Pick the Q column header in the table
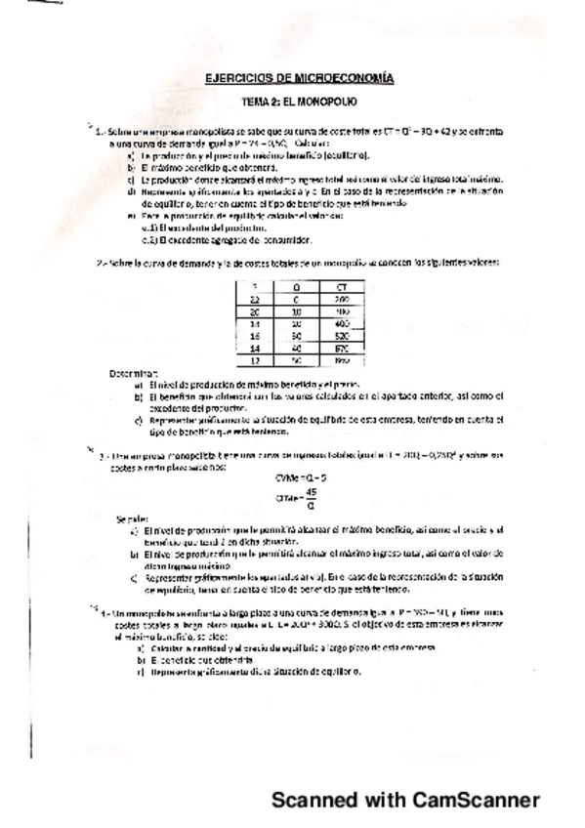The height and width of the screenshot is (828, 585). point(297,286)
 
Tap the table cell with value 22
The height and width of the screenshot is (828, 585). point(254,298)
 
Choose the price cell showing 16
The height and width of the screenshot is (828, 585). point(254,334)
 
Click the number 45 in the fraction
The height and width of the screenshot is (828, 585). point(311,492)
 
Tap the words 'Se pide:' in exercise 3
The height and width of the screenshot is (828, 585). point(130,518)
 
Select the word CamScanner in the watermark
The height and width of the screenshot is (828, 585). point(476,801)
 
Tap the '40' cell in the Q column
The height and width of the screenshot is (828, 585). point(297,347)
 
